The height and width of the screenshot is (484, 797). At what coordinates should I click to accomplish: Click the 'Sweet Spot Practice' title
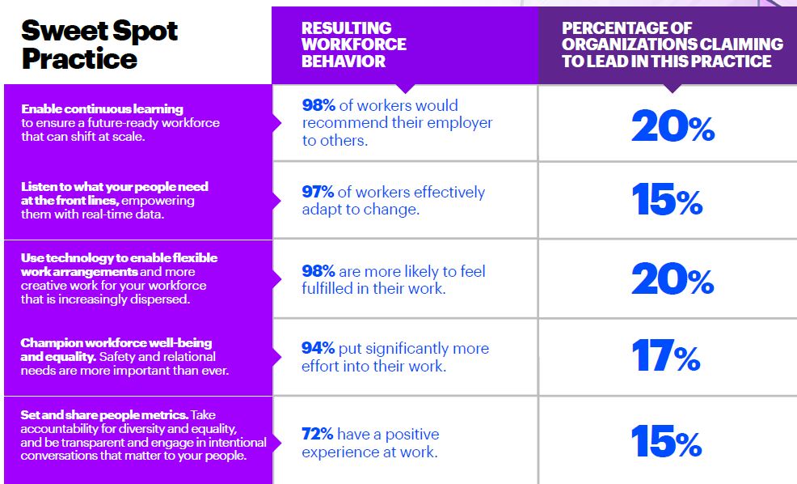pos(99,45)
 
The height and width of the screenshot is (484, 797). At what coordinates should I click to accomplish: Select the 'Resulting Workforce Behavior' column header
pos(354,45)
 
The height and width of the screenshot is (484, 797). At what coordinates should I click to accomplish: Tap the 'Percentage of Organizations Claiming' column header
pos(673,45)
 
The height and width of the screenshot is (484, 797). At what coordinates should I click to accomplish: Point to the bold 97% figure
pos(318,192)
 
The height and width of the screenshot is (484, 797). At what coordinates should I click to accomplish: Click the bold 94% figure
pos(318,348)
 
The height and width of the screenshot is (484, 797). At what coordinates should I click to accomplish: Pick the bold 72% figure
pos(317,434)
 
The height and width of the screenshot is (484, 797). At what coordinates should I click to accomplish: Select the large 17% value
pos(666,355)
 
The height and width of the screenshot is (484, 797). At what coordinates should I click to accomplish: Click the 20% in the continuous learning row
pos(673,125)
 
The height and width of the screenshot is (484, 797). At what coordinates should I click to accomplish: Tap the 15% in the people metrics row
pos(666,441)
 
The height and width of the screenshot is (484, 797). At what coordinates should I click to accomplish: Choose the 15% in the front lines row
pos(667,199)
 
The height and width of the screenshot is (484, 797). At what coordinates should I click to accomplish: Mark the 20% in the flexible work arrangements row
pos(673,279)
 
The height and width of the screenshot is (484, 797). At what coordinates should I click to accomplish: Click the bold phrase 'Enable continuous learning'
pos(102,109)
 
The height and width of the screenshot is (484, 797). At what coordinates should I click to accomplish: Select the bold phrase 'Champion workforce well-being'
pos(116,342)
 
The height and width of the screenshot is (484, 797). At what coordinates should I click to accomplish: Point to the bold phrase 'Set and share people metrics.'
pos(105,414)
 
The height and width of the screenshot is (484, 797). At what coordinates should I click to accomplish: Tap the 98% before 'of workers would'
pos(318,105)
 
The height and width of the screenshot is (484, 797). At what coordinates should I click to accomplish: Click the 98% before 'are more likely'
pos(318,271)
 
